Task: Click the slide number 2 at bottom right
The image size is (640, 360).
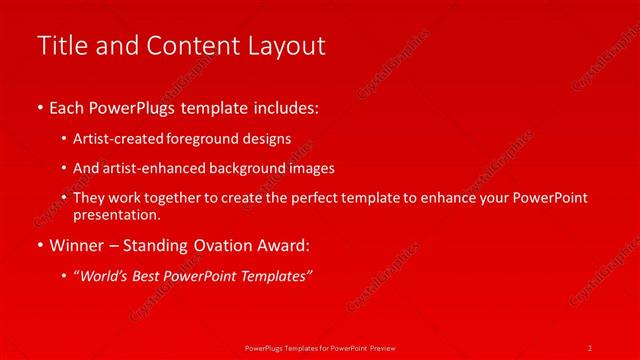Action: click(x=589, y=347)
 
